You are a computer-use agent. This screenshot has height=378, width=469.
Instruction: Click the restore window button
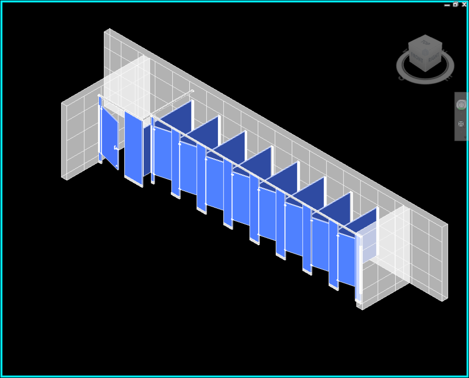click(455, 4)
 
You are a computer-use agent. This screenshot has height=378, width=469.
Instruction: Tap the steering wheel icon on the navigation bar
click(461, 104)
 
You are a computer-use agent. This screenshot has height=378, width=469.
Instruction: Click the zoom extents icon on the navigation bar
click(461, 124)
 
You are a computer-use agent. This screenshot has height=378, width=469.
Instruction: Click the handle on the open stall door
click(115, 148)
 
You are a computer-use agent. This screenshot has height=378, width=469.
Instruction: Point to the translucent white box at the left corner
click(128, 83)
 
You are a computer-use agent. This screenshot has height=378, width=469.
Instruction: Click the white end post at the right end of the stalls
click(359, 267)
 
